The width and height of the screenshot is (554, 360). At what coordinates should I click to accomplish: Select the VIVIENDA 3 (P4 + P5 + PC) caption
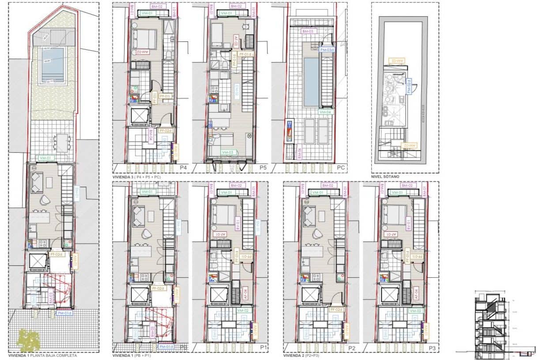click(x=137, y=176)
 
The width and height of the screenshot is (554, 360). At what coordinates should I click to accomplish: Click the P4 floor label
click(x=184, y=168)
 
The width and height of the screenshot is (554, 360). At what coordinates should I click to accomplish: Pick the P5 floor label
click(x=264, y=168)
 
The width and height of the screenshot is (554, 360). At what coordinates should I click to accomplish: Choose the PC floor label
click(x=341, y=168)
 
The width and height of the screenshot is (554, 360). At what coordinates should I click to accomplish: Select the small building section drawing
click(x=494, y=325)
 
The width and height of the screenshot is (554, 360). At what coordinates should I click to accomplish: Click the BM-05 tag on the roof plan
click(x=308, y=31)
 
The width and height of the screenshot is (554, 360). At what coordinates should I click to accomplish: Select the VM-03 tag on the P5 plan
click(x=228, y=152)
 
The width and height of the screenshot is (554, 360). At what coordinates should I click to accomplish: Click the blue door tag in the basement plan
click(x=409, y=85)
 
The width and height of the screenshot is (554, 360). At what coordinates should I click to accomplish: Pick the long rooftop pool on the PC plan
click(x=311, y=82)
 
